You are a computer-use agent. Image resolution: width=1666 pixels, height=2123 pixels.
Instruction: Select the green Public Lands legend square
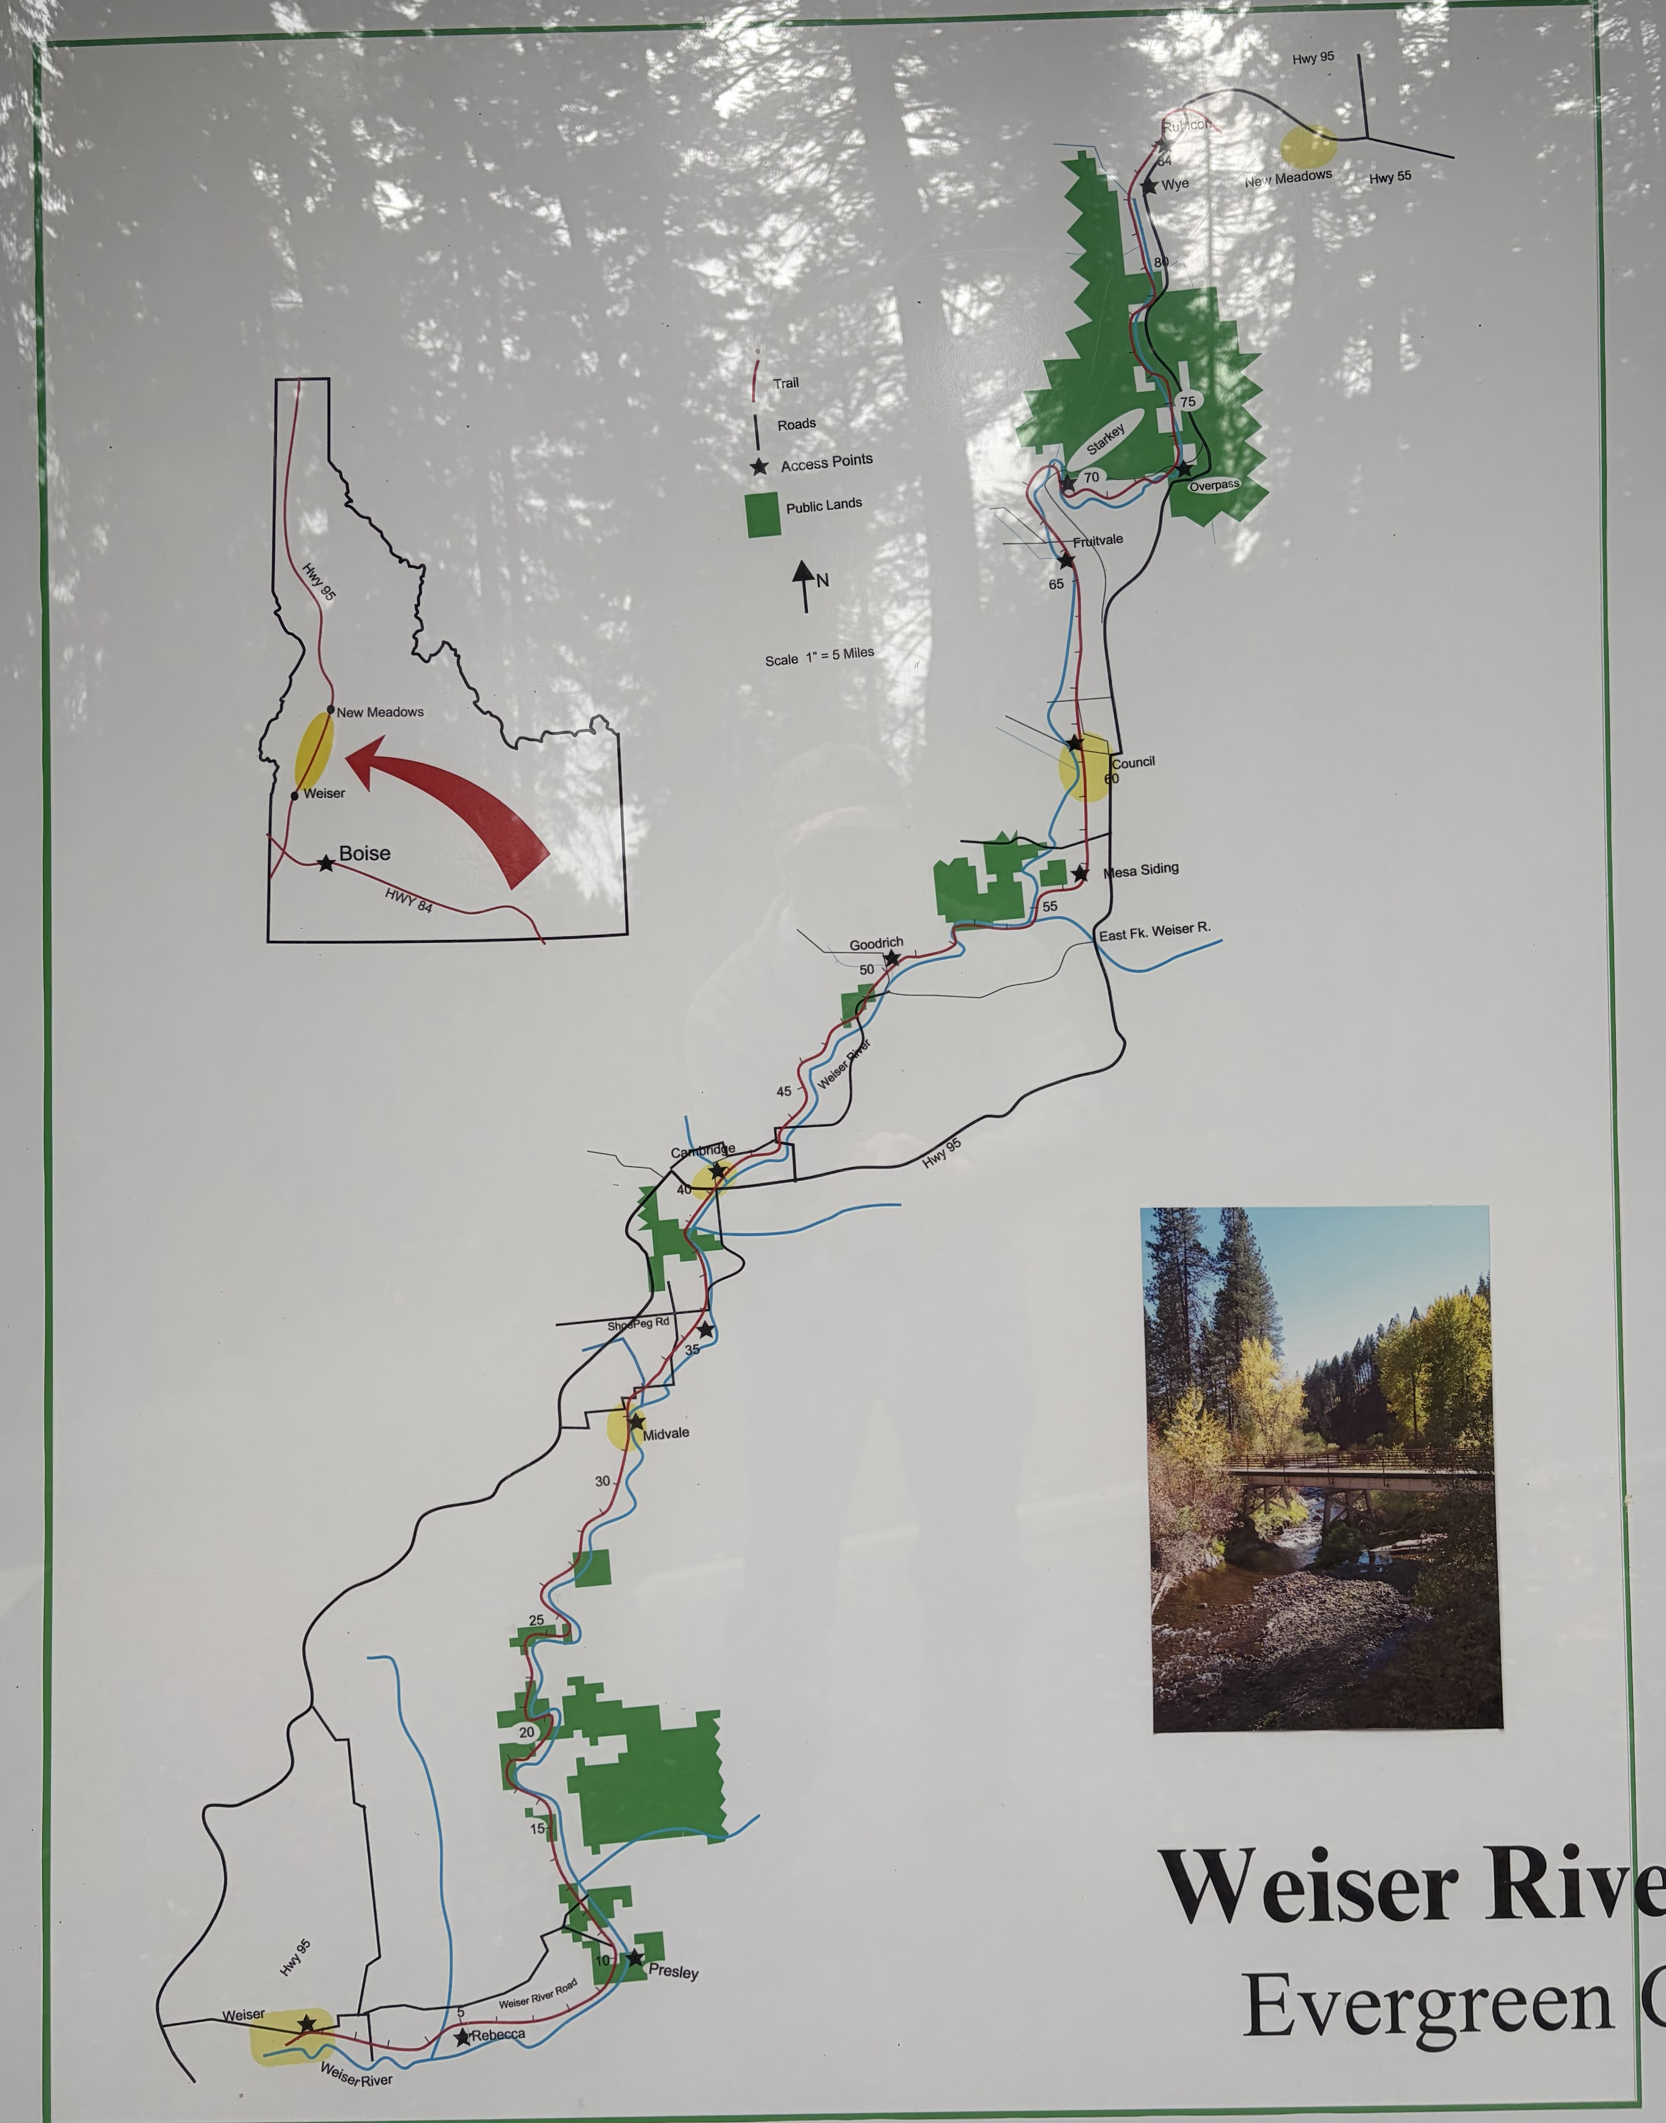[x=763, y=515]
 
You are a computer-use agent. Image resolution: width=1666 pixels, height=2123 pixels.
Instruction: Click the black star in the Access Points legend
[x=760, y=466]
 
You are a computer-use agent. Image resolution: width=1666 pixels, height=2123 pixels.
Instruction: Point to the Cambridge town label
[x=702, y=1151]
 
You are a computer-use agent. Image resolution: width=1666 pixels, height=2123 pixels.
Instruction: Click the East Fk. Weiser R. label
[x=1155, y=931]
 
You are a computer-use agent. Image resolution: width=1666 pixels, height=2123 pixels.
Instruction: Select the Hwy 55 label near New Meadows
[x=1390, y=177]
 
